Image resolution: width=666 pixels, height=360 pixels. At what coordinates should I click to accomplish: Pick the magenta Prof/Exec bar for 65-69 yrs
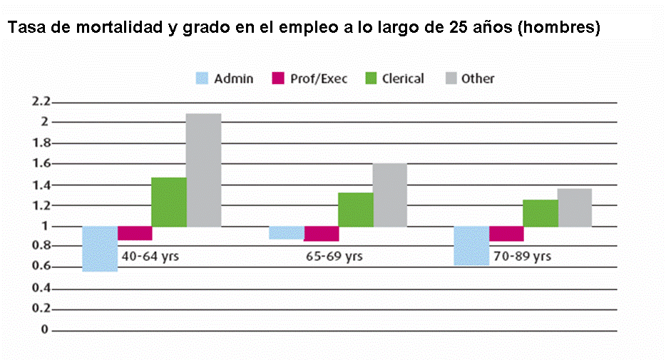(321, 234)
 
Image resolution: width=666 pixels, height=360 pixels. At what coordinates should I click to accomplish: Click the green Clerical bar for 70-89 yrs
(541, 213)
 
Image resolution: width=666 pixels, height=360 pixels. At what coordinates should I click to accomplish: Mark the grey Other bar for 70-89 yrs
(575, 207)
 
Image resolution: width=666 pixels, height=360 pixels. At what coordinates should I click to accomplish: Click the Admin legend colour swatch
(203, 78)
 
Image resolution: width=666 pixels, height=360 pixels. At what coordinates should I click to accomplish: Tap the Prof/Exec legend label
(319, 78)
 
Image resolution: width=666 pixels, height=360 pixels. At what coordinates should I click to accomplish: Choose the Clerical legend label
(403, 78)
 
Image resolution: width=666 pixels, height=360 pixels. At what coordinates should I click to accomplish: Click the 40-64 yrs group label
(150, 255)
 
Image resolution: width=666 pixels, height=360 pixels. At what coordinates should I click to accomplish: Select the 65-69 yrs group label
(335, 255)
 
